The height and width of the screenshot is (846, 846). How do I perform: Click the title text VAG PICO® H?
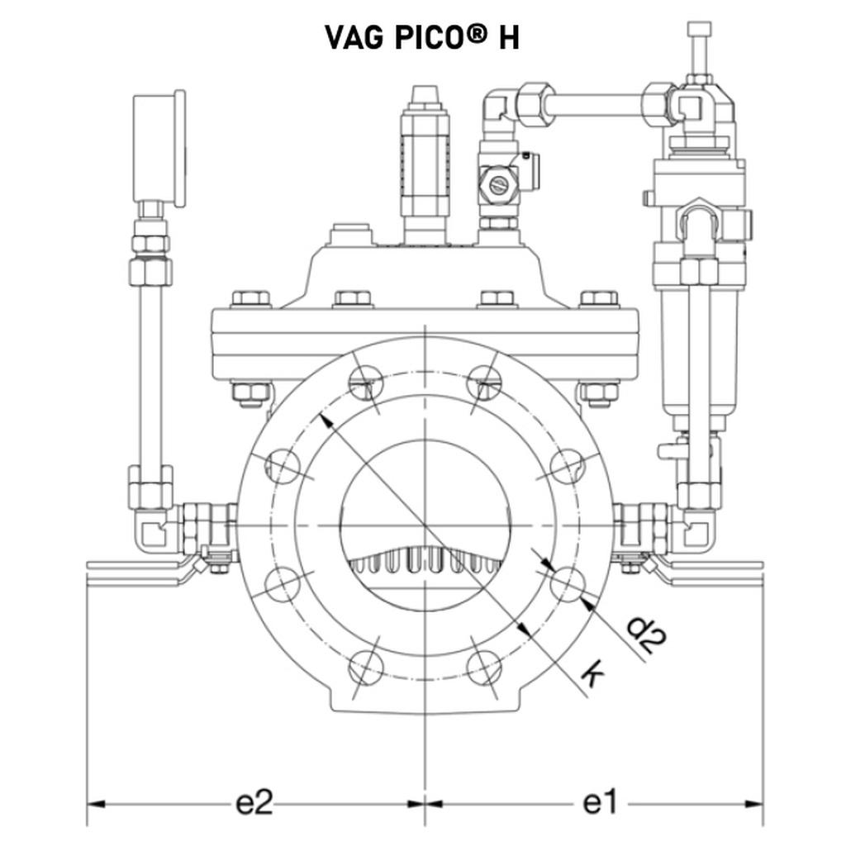point(422,37)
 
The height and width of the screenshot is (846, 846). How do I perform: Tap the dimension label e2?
point(254,802)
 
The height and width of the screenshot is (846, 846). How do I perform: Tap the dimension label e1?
point(601,802)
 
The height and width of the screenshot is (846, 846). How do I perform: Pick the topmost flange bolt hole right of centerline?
point(484,380)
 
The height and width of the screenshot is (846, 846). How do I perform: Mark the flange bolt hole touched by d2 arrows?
point(568,583)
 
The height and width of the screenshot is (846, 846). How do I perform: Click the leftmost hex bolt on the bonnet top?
point(250,298)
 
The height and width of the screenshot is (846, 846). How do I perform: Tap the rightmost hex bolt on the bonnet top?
point(599,298)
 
